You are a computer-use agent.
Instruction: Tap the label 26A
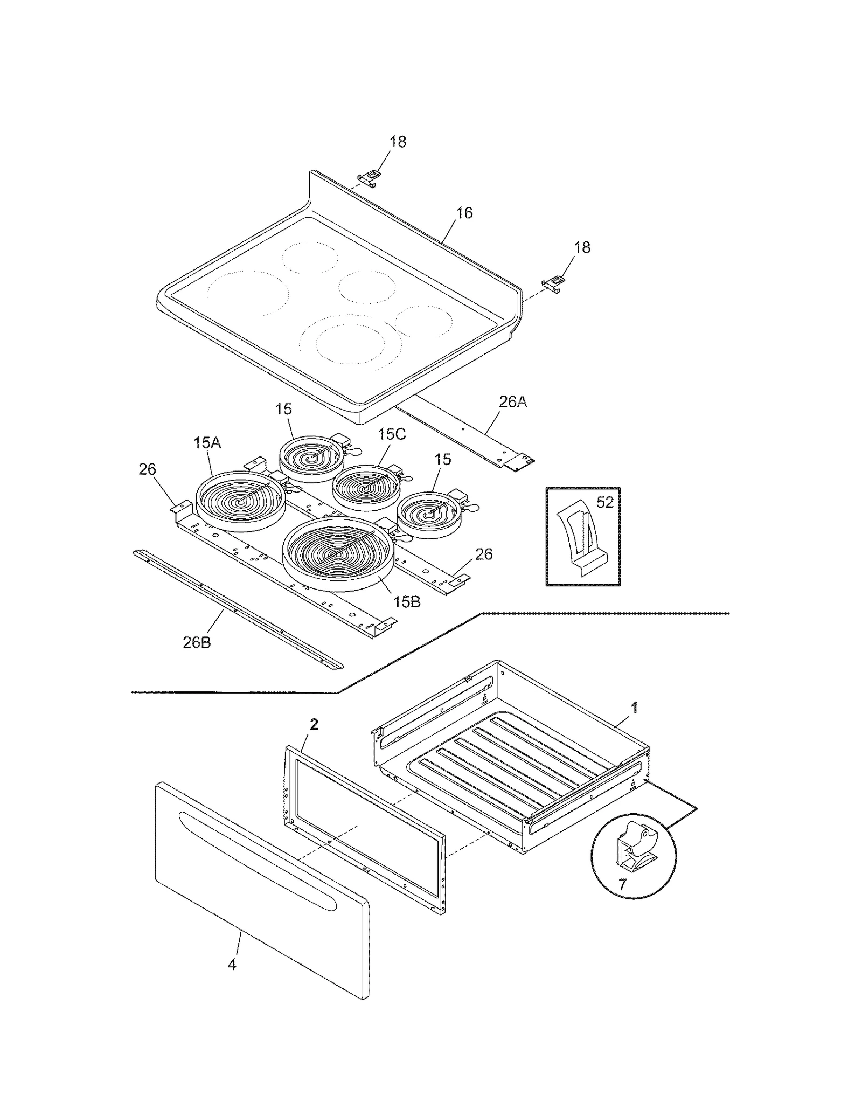[512, 401]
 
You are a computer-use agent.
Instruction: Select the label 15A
[207, 443]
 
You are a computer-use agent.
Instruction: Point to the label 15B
[406, 602]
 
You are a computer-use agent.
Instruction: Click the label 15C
[391, 434]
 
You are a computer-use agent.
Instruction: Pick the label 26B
[197, 642]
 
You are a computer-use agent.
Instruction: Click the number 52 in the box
[605, 502]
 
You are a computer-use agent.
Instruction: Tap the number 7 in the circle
[622, 884]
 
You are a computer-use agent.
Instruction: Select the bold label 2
[314, 725]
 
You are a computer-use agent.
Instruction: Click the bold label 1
[635, 708]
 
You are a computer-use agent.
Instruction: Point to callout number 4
[232, 965]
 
